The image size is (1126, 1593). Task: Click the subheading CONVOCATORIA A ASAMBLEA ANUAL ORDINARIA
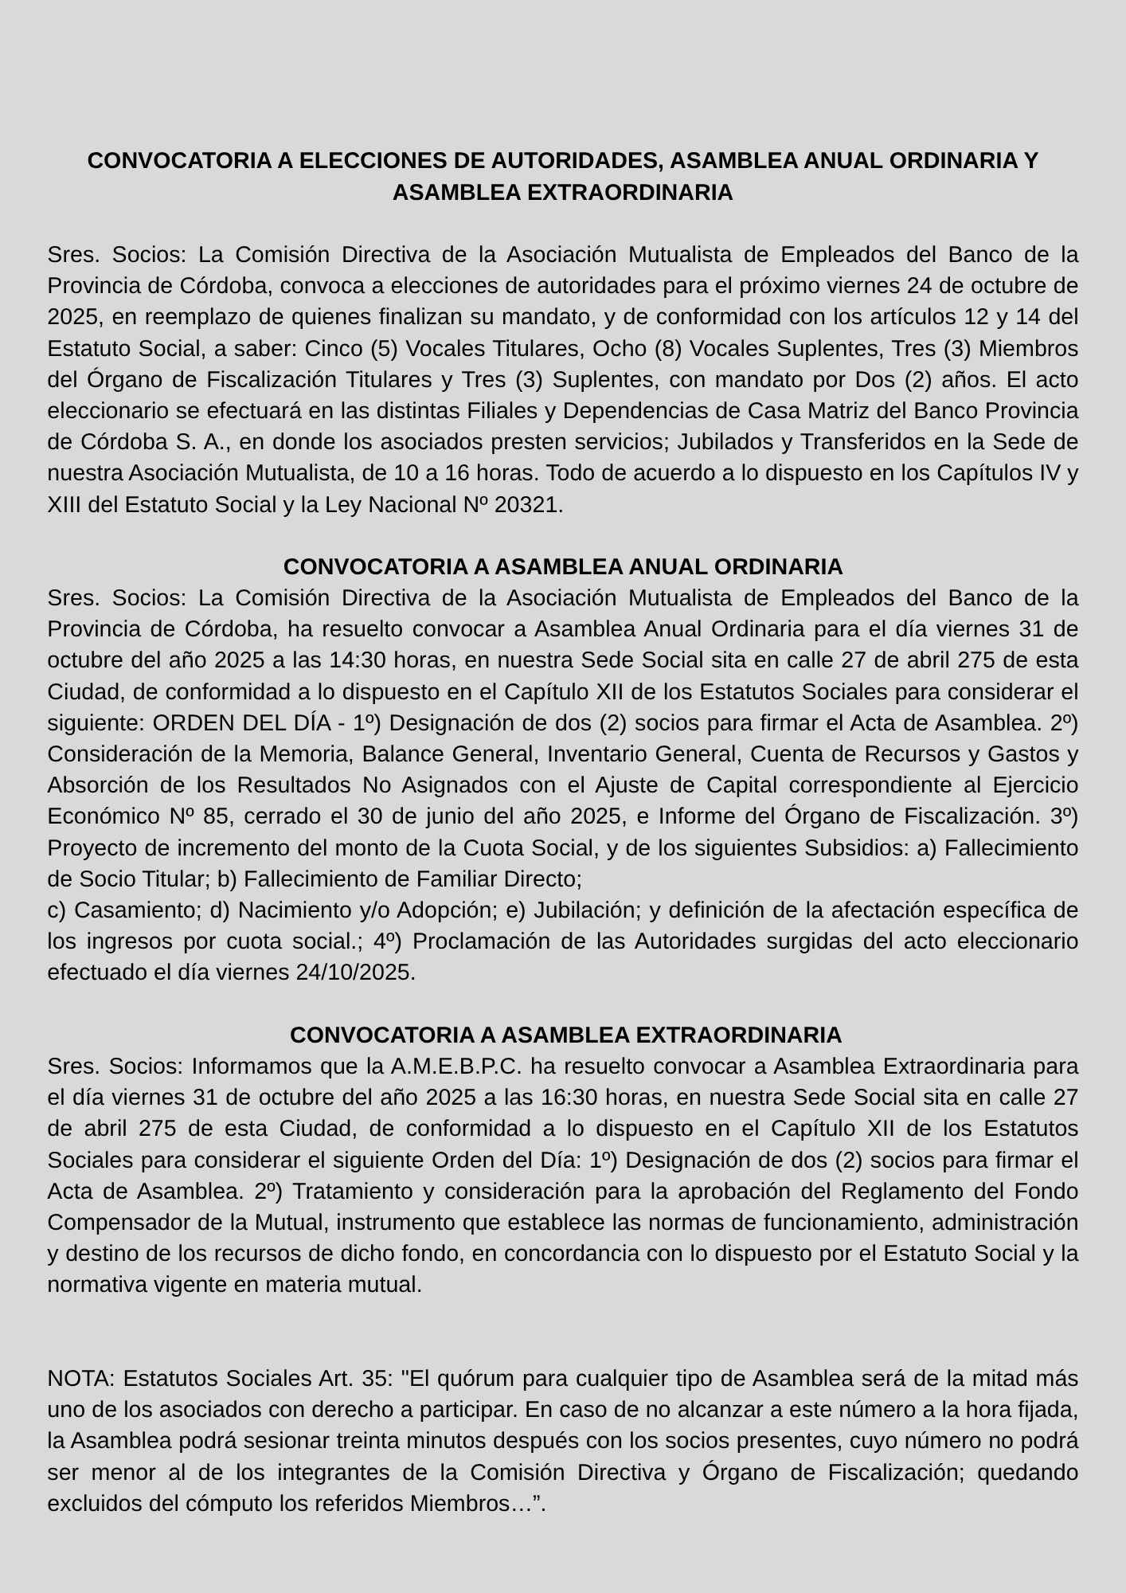pos(563,567)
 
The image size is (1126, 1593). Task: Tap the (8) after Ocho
pos(667,349)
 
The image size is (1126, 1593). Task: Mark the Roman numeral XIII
pos(65,505)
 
